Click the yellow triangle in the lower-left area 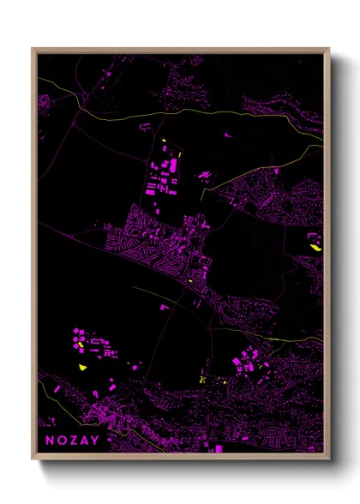pos(83,366)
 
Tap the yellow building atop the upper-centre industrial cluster pos(163,141)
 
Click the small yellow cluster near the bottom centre pos(202,378)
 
